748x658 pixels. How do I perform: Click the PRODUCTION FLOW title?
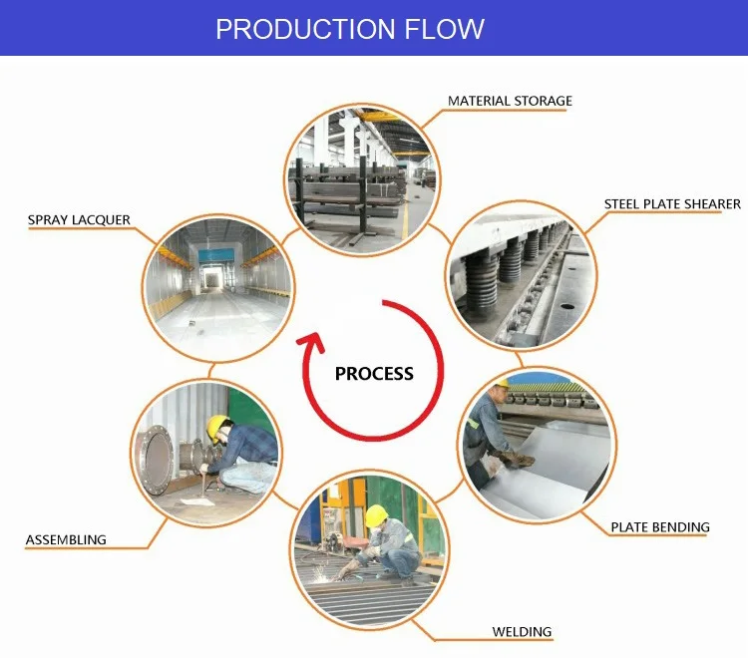pyautogui.click(x=350, y=29)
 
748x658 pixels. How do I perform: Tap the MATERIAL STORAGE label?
pyautogui.click(x=510, y=101)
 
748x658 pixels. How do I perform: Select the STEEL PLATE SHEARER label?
pyautogui.click(x=672, y=204)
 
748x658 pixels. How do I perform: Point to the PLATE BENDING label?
pyautogui.click(x=660, y=526)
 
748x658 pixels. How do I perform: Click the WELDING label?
pyautogui.click(x=522, y=632)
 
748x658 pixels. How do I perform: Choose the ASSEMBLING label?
pyautogui.click(x=66, y=540)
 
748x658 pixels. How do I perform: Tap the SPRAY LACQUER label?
pyautogui.click(x=79, y=219)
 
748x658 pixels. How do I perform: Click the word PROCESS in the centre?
pyautogui.click(x=374, y=374)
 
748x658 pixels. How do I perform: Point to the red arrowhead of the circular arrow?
pyautogui.click(x=311, y=347)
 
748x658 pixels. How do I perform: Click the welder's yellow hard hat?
pyautogui.click(x=375, y=515)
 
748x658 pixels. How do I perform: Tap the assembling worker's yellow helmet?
pyautogui.click(x=215, y=428)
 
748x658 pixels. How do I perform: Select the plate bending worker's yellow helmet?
pyautogui.click(x=503, y=385)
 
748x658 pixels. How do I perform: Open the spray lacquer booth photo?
pyautogui.click(x=218, y=284)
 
